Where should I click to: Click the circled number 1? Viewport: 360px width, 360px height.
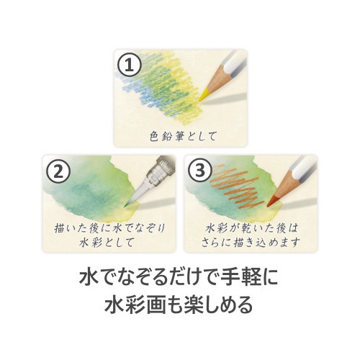pyautogui.click(x=130, y=65)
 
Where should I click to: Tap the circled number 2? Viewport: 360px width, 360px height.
pyautogui.click(x=58, y=171)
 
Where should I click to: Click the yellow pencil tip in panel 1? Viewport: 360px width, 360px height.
pyautogui.click(x=204, y=95)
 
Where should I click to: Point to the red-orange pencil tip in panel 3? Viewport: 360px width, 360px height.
pyautogui.click(x=272, y=201)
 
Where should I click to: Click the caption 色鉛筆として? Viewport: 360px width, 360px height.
pyautogui.click(x=183, y=136)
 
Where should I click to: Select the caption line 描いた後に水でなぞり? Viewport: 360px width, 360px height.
pyautogui.click(x=109, y=228)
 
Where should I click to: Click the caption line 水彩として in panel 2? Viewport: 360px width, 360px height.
pyautogui.click(x=107, y=242)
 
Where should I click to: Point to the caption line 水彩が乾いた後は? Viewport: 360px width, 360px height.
pyautogui.click(x=251, y=228)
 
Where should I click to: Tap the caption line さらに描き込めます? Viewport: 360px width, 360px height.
pyautogui.click(x=251, y=242)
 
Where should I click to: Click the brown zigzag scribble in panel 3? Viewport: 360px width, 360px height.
pyautogui.click(x=235, y=185)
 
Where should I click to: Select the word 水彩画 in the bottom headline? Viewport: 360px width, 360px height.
pyautogui.click(x=135, y=304)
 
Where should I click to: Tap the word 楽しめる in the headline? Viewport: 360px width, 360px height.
pyautogui.click(x=218, y=304)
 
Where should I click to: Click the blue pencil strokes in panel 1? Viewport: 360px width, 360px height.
pyautogui.click(x=138, y=91)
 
